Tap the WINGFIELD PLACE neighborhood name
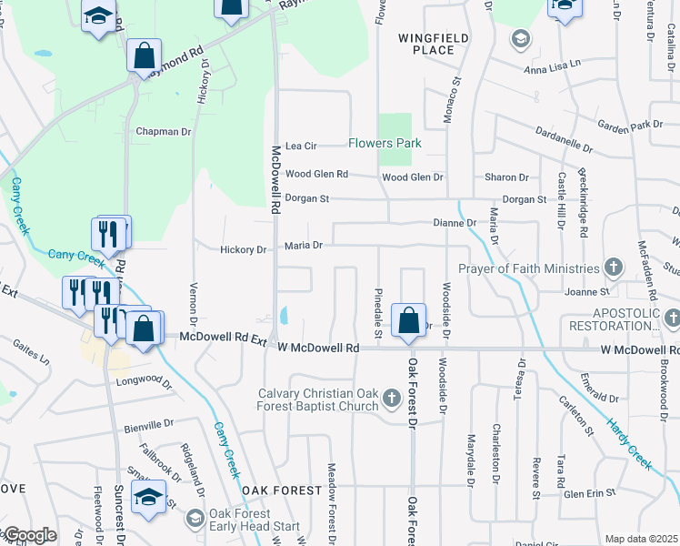[x=425, y=44]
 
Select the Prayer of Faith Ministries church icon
[x=614, y=268]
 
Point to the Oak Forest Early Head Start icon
[x=195, y=519]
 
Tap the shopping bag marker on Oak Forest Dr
[x=409, y=321]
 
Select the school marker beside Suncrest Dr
[x=149, y=497]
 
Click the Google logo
[x=29, y=535]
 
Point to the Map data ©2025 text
[x=641, y=539]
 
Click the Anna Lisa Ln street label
[x=551, y=68]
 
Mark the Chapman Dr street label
[x=163, y=132]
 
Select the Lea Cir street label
[x=300, y=146]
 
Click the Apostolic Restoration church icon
[x=671, y=318]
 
